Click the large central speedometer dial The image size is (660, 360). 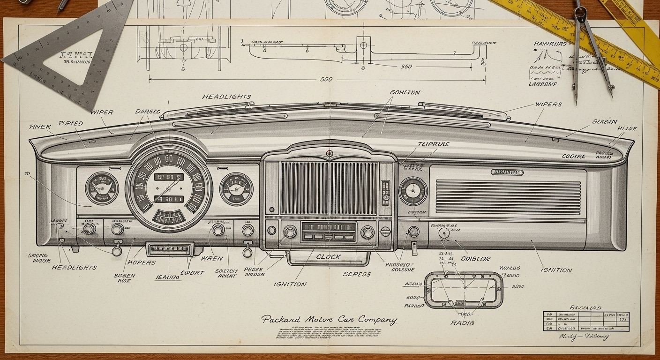(x=169, y=187)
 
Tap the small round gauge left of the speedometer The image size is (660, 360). (x=102, y=188)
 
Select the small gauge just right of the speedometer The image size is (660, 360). (x=236, y=189)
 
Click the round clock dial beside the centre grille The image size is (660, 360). (x=413, y=191)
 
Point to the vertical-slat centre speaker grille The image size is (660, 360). (x=329, y=188)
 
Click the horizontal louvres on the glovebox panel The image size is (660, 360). (x=508, y=197)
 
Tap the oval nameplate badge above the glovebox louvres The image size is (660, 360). (x=507, y=172)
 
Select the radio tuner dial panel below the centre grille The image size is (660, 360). (x=328, y=232)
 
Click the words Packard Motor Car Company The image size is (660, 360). (x=329, y=320)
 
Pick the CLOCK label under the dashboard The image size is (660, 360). (x=328, y=257)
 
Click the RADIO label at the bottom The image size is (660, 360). (x=462, y=323)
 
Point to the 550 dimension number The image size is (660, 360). (x=326, y=79)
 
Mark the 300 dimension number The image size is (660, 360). (x=406, y=67)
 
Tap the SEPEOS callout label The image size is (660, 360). (x=357, y=274)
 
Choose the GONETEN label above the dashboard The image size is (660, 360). (x=405, y=92)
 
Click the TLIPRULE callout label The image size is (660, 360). (x=433, y=144)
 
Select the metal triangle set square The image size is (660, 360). (x=70, y=52)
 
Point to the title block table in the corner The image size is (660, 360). (x=585, y=321)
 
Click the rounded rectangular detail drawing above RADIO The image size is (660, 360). (x=463, y=290)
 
